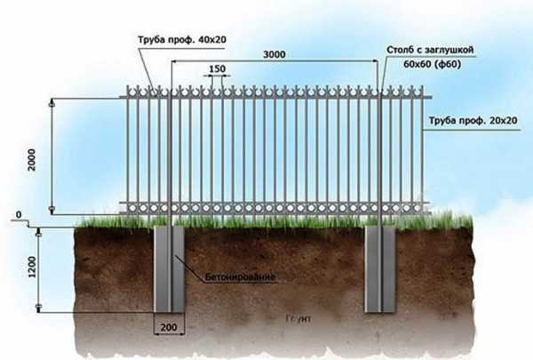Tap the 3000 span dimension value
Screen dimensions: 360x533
pos(275,55)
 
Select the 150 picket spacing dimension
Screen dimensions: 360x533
pos(216,68)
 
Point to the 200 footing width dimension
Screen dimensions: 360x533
pos(169,327)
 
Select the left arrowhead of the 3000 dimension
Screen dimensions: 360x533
pos(174,62)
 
